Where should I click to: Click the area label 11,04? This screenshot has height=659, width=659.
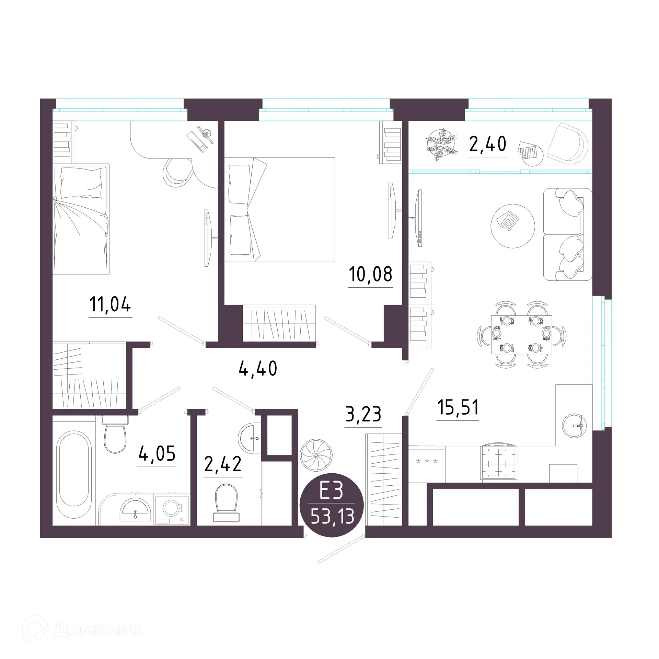click(110, 304)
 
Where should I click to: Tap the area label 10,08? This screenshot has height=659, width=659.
click(370, 274)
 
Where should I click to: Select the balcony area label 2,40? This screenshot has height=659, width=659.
click(487, 144)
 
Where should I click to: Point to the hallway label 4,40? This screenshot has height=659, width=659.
click(258, 368)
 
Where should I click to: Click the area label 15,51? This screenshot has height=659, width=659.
click(458, 407)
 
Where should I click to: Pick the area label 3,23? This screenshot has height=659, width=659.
click(363, 414)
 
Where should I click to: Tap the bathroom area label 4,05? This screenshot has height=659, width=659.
click(157, 454)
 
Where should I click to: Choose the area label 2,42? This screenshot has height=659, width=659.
click(223, 464)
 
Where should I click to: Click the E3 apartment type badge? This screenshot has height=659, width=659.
click(332, 505)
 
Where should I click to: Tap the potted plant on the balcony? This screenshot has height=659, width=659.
click(441, 144)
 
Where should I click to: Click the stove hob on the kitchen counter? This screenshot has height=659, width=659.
click(498, 462)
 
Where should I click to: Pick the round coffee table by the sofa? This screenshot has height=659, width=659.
click(513, 226)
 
